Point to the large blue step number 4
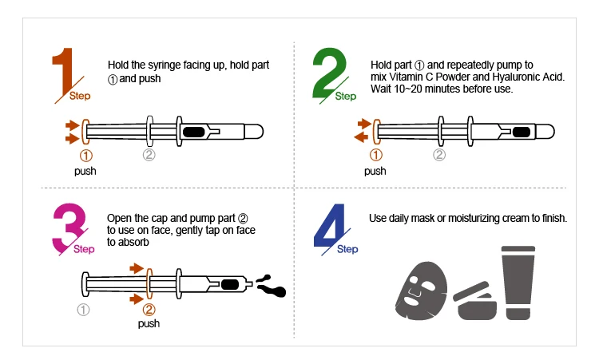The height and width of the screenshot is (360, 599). point(328,227)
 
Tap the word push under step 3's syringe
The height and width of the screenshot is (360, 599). point(149,323)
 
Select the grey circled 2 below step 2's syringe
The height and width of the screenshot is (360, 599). point(438,155)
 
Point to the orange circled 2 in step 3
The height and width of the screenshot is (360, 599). point(149,308)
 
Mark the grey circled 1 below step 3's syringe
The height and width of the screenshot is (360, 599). point(83,308)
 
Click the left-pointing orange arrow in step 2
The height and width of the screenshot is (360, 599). point(361,137)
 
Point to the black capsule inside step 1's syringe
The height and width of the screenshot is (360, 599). point(195,131)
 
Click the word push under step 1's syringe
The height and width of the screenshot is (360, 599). point(85,171)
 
